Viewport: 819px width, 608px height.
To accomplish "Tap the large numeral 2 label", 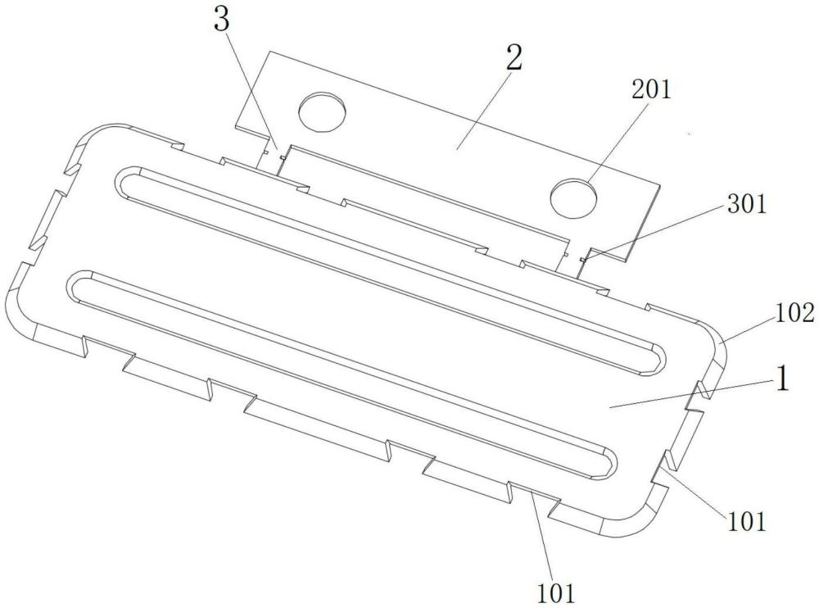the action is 514,57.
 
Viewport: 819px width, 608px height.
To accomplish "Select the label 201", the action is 651,89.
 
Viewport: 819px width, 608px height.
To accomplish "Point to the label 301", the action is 747,204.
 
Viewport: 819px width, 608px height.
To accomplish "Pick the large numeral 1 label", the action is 781,379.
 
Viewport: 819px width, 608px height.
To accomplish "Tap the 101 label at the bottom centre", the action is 556,592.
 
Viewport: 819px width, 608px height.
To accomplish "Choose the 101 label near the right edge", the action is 746,521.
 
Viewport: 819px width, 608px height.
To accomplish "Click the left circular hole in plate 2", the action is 322,110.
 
